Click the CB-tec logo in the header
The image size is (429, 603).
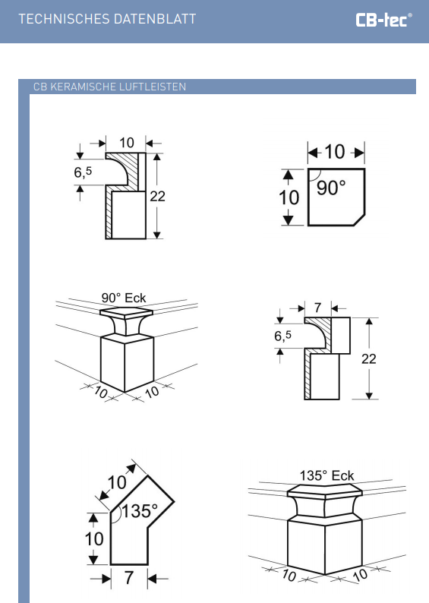click(383, 20)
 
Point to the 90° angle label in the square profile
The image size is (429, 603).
click(331, 188)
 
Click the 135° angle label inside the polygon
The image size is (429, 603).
click(140, 511)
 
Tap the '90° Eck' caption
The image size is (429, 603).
click(124, 298)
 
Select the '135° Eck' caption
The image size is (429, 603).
click(326, 475)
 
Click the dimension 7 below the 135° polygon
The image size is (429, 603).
click(129, 578)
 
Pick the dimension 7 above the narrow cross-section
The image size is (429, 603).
click(317, 308)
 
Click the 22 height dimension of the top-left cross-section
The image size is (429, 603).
click(158, 197)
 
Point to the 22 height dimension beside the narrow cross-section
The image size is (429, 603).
click(369, 358)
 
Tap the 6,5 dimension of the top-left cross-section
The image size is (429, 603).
click(83, 172)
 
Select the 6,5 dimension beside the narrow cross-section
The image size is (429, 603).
click(283, 336)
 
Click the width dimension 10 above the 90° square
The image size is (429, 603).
click(335, 152)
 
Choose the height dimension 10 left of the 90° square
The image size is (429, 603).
click(289, 197)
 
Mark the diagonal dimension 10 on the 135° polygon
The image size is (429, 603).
click(117, 482)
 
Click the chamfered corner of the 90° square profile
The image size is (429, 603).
click(359, 220)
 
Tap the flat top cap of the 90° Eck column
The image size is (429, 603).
click(127, 312)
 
